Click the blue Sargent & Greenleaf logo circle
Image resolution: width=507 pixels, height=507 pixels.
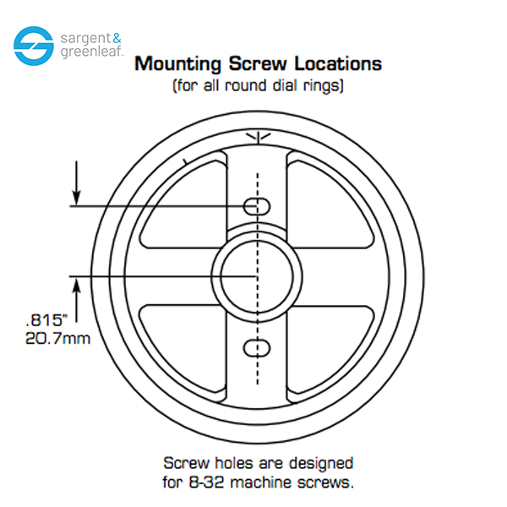[34, 46]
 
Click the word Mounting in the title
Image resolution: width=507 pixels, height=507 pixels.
[177, 64]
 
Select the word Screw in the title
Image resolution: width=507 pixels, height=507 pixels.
[258, 63]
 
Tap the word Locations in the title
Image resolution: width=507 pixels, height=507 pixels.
[338, 63]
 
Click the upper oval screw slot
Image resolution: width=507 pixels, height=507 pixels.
[257, 206]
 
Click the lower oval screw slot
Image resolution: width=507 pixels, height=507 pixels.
[257, 348]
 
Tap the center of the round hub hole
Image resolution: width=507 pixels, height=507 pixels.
[257, 277]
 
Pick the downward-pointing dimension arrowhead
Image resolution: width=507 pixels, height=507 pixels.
[76, 198]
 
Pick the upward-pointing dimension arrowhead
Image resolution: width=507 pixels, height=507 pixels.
[76, 286]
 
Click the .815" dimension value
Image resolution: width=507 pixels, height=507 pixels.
[46, 320]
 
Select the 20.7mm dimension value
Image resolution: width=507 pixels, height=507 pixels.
[57, 339]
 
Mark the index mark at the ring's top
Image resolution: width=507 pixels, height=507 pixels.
[258, 138]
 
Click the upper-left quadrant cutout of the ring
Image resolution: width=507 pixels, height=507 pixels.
[183, 204]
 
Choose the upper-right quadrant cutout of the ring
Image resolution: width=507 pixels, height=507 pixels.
[330, 204]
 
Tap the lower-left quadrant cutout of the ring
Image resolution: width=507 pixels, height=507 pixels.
[183, 349]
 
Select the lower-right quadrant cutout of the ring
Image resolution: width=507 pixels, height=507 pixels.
[330, 349]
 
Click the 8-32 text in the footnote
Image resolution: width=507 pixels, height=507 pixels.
[206, 482]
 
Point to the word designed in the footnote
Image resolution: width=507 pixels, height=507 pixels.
[321, 464]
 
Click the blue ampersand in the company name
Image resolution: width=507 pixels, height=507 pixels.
[117, 39]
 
